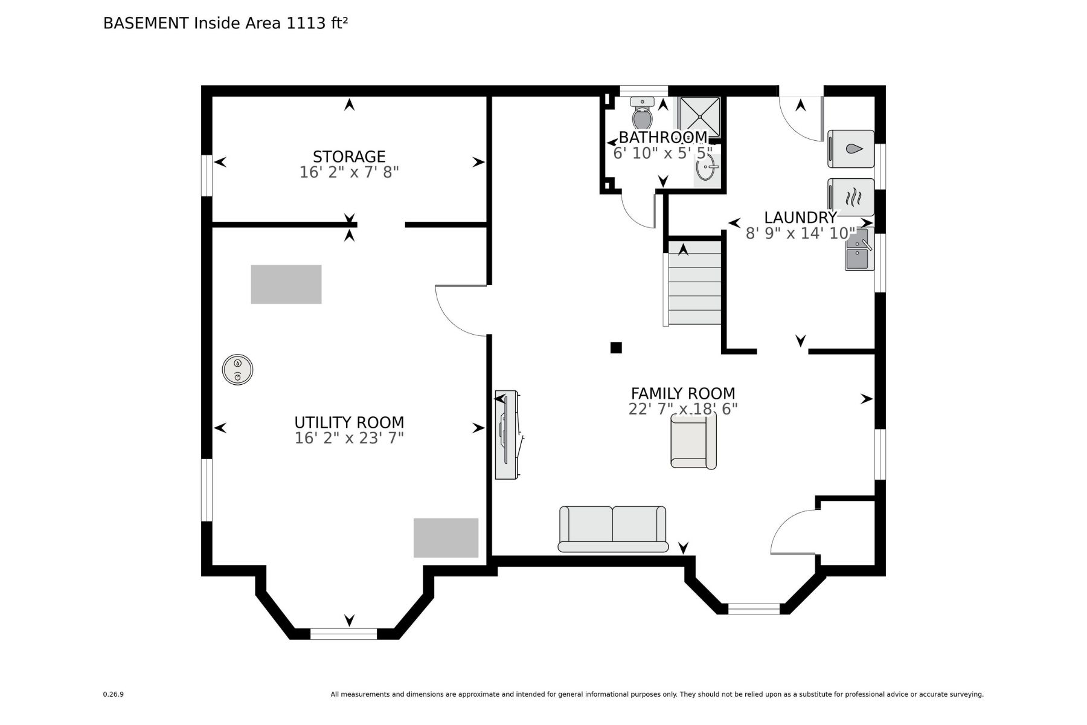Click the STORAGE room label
(x=349, y=156)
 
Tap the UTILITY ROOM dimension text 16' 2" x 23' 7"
(x=349, y=438)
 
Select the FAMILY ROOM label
(x=683, y=393)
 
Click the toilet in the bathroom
(x=643, y=114)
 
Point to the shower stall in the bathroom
(x=699, y=116)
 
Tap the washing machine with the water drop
(x=851, y=149)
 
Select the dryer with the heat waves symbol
(x=851, y=197)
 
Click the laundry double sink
(x=858, y=249)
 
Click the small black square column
(x=616, y=347)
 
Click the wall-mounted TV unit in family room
(x=506, y=435)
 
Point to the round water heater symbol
(x=237, y=370)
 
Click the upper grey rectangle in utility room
(x=286, y=285)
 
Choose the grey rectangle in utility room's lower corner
(x=446, y=538)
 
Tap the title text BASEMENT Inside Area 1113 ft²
(x=225, y=23)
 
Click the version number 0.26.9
(x=114, y=694)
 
